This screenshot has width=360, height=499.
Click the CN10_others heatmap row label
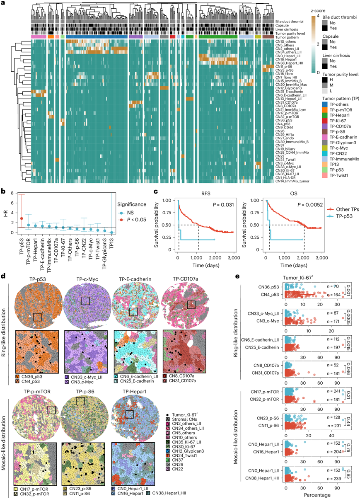[283, 41]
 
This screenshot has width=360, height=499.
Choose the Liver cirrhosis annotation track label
[287, 29]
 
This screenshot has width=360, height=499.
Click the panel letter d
[3, 275]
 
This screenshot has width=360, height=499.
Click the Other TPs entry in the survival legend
[346, 210]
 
